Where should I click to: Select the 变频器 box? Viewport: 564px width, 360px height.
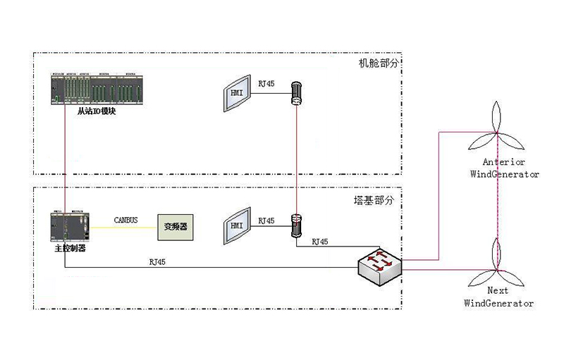(x=176, y=227)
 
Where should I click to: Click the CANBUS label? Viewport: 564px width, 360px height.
(x=127, y=220)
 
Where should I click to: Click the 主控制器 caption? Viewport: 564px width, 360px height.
(x=70, y=248)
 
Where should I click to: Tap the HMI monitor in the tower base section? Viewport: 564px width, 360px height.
(x=236, y=227)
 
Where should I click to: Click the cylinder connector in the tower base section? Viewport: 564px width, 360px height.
(x=297, y=225)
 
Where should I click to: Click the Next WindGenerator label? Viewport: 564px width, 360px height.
(x=498, y=297)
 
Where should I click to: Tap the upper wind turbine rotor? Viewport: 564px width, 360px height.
(x=498, y=131)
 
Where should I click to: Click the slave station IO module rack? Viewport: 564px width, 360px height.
(x=97, y=89)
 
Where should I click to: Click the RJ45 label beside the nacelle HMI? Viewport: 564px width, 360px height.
(x=266, y=85)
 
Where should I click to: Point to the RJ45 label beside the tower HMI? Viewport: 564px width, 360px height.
(x=266, y=221)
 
